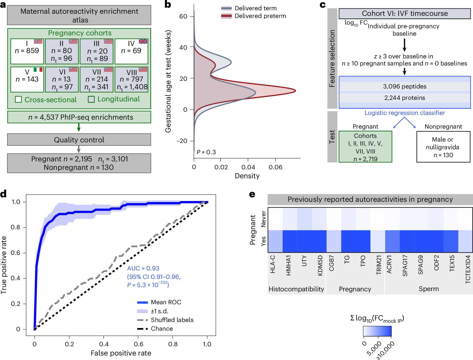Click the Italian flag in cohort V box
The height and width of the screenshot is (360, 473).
(x=38, y=69)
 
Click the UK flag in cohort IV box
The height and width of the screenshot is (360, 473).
(x=143, y=41)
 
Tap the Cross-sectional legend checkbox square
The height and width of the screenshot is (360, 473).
(x=18, y=99)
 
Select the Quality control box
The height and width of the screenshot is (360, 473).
(x=79, y=139)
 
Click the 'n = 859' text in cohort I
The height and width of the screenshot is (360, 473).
(x=27, y=50)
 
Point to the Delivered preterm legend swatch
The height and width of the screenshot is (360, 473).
(x=226, y=16)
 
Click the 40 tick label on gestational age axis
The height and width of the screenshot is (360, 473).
(x=183, y=48)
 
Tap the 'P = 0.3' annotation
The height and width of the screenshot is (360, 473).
(x=206, y=152)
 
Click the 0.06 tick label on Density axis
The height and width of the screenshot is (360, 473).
(x=275, y=167)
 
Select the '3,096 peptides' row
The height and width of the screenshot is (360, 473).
(x=405, y=86)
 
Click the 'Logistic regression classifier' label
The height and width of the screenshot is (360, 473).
(x=405, y=113)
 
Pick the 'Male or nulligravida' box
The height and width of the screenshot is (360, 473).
(x=443, y=147)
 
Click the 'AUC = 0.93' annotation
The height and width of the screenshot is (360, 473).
(x=143, y=268)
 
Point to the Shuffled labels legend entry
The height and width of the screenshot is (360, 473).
(x=166, y=320)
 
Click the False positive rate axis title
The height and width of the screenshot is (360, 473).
(x=121, y=353)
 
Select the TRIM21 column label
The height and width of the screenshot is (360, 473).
(x=379, y=265)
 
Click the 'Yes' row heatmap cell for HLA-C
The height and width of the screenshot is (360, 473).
(x=275, y=241)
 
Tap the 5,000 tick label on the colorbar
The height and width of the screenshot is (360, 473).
(x=374, y=348)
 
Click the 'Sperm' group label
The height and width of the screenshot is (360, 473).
(x=429, y=289)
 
